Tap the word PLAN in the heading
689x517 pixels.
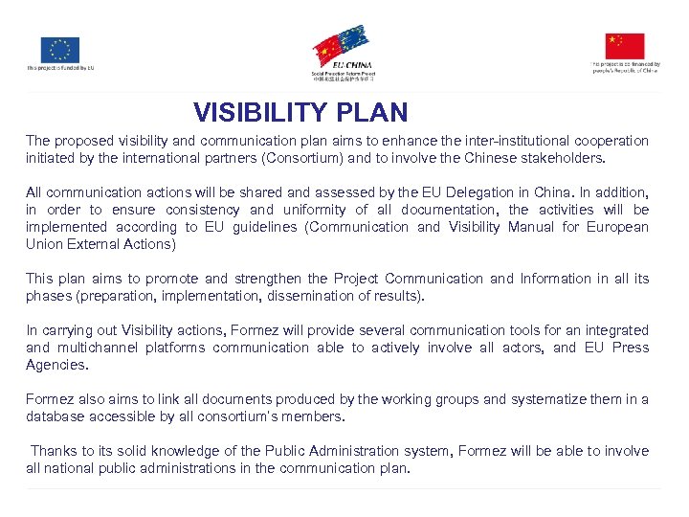372,113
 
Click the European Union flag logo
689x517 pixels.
60,50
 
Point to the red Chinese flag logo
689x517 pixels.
625,46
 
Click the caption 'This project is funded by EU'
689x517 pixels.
60,68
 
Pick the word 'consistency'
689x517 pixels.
203,210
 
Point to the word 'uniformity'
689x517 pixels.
311,210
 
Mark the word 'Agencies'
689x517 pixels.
56,365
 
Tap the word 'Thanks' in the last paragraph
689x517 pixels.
56,451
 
